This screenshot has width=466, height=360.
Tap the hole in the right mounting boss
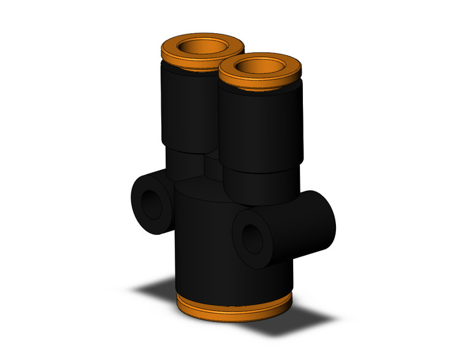pos(250,237)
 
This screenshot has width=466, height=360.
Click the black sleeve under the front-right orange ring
pos(261,126)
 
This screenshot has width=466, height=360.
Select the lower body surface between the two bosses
pos(202,245)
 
